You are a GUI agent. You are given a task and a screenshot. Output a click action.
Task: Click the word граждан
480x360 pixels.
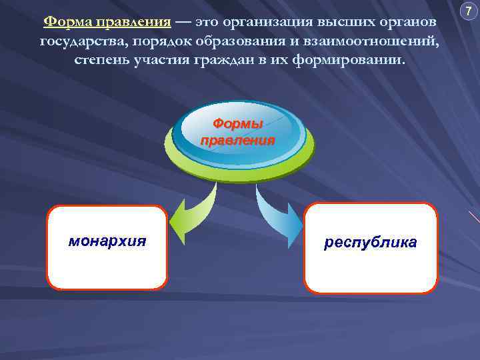[x=225, y=60]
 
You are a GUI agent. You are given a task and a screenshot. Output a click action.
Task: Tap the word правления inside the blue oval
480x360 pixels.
[x=238, y=140]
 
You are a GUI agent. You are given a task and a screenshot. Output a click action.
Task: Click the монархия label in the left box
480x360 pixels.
[x=107, y=241]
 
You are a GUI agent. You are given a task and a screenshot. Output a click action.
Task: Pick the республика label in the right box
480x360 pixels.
[x=370, y=243]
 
